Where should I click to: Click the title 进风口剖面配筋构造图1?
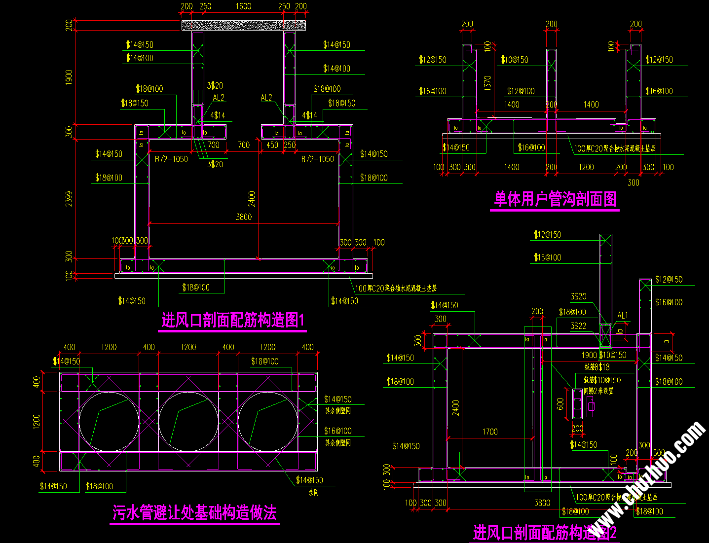coord(233,321)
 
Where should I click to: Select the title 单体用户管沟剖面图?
coord(555,199)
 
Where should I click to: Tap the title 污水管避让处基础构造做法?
coord(194,512)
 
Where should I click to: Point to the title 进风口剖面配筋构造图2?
coord(545,533)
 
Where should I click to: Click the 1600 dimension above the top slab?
coord(243,6)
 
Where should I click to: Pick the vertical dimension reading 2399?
coord(69,198)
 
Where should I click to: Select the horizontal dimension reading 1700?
coord(490,432)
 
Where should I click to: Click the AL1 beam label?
coord(623,316)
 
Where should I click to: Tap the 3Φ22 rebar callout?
coord(579,326)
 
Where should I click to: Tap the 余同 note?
coord(314,492)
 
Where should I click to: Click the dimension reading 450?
coord(272,145)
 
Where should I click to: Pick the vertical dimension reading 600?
coord(560,404)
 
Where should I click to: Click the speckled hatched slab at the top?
coord(244,25)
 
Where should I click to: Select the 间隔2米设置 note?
coord(598,391)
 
